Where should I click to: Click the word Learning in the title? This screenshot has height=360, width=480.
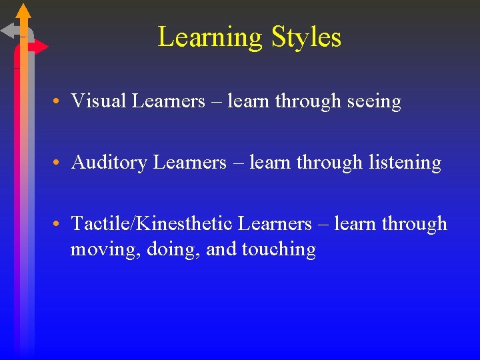click(211, 37)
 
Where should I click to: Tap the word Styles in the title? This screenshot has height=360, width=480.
click(307, 37)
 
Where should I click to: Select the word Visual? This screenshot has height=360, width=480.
click(99, 101)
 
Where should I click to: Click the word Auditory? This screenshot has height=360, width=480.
click(109, 163)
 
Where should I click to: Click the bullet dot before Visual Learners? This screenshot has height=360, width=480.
click(59, 102)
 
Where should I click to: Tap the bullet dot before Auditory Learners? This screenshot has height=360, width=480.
click(59, 163)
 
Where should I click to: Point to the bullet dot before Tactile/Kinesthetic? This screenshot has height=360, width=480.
click(59, 225)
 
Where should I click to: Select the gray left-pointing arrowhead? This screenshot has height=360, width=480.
click(9, 30)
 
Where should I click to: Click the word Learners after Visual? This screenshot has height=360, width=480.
click(169, 101)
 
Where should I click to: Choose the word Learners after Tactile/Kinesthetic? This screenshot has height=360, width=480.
click(275, 224)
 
